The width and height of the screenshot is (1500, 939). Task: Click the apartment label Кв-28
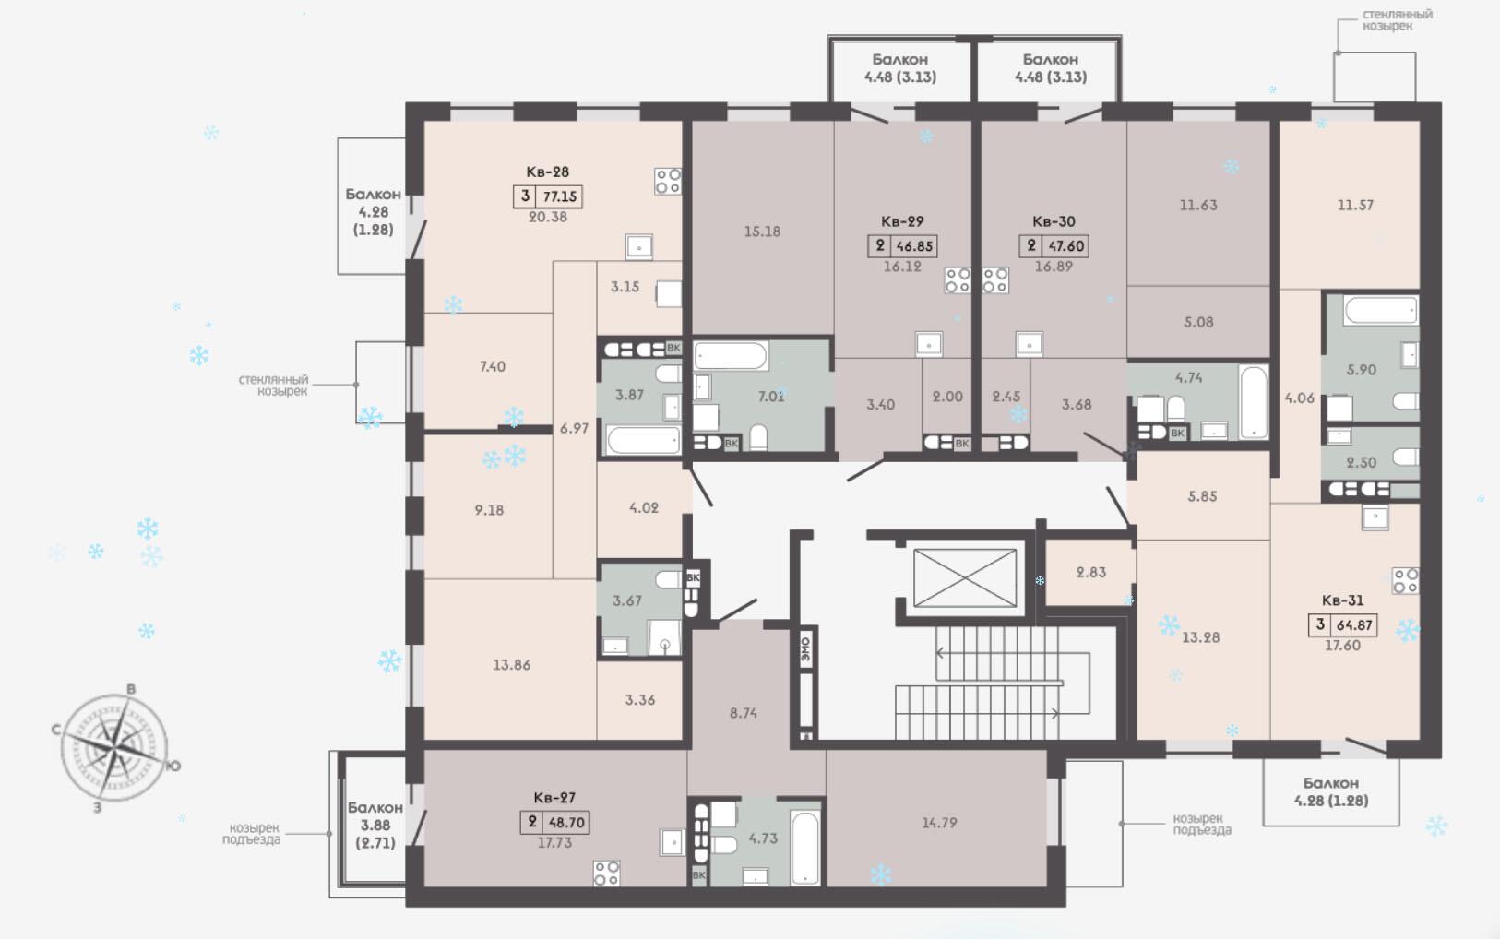click(547, 172)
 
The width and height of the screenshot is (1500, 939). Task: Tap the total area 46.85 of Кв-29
click(914, 245)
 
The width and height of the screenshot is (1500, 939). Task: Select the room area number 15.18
click(762, 232)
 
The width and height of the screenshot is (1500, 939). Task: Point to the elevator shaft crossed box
click(964, 578)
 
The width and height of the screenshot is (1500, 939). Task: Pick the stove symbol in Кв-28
click(668, 182)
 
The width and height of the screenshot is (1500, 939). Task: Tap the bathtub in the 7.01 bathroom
click(731, 356)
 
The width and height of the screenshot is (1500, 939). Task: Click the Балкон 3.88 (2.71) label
click(375, 826)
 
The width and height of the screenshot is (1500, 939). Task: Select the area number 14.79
click(939, 823)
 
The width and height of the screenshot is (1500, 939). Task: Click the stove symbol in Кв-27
click(607, 874)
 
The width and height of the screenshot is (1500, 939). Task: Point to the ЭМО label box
click(805, 648)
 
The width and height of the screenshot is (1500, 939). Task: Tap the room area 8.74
click(744, 713)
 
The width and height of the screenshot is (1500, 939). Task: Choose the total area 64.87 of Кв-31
click(1354, 624)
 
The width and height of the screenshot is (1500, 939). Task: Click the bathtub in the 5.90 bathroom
click(1381, 310)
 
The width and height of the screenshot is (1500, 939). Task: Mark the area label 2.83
click(1090, 573)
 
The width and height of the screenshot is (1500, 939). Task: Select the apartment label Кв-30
click(1054, 221)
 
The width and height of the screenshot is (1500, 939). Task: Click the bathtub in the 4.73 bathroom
click(804, 848)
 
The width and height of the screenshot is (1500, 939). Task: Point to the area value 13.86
click(512, 665)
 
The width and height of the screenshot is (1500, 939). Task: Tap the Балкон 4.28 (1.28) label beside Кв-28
click(373, 211)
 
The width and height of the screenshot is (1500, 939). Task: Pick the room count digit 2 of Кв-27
click(532, 821)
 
